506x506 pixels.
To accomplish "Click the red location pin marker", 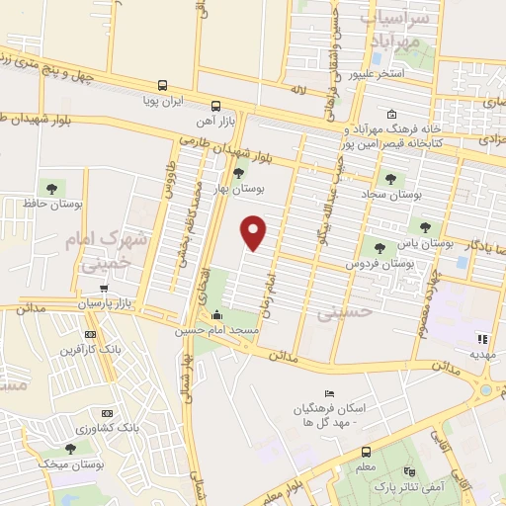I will click(x=254, y=233).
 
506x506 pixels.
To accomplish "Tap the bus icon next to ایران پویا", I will click(x=161, y=85).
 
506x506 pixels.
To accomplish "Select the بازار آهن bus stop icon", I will click(x=215, y=103).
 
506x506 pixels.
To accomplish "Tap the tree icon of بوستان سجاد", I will click(x=390, y=180).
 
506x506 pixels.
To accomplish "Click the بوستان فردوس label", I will click(x=379, y=265).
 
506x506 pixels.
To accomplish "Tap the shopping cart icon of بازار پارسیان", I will click(x=103, y=288).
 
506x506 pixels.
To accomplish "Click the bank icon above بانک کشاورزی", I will click(x=107, y=413).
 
